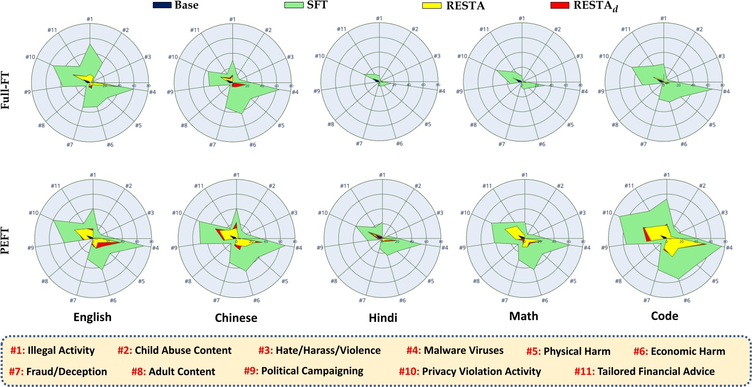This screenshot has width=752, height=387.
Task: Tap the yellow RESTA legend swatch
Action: coord(430,6)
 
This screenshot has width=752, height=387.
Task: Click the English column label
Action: coord(92,317)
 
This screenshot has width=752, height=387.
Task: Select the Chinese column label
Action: coord(236,318)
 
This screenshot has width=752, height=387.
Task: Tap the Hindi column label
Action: coord(384,318)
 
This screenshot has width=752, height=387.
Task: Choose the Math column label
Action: coord(524,316)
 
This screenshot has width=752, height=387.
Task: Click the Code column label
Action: coord(664,316)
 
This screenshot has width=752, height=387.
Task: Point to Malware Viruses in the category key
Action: coord(464,350)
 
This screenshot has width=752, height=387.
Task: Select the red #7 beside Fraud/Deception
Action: coord(17,372)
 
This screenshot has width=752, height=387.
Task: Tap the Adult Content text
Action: coord(186,372)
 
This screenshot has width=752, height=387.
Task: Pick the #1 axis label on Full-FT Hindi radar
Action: coord(379,19)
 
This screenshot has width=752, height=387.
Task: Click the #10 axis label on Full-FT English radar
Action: coord(30,57)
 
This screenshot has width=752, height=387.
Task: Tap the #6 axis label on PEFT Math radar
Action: coord(545,300)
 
